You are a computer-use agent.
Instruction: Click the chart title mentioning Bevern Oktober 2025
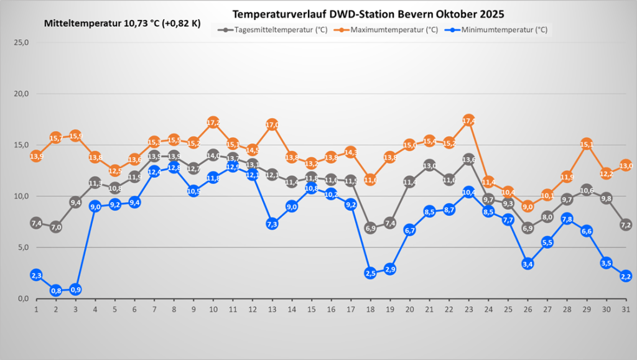point(368,14)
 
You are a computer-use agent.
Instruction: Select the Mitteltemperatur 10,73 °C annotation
point(123,23)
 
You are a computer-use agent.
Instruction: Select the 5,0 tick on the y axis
point(24,247)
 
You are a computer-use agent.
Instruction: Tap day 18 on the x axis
point(370,309)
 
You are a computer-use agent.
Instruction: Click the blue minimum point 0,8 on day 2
point(56,290)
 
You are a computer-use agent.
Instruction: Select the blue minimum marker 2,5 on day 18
point(370,273)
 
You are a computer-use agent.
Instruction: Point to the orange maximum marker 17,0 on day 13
point(272,124)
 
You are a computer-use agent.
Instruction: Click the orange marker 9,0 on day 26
point(528,206)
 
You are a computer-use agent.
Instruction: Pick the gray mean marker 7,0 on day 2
point(56,227)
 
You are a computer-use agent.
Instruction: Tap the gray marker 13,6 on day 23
point(468,159)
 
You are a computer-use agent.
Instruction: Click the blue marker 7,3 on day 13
point(272,224)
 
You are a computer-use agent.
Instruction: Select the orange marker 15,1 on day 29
point(587,144)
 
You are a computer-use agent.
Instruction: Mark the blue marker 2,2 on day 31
point(626,276)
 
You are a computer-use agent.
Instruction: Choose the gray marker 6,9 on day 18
point(370,228)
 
